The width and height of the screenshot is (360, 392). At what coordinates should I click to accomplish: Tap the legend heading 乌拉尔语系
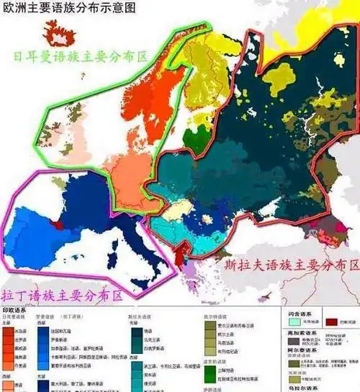[x=296, y=386]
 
